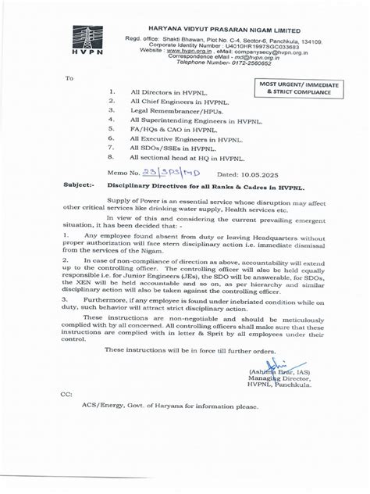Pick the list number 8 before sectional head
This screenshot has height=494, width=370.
coord(113,156)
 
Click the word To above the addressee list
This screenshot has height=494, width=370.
coord(69,78)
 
